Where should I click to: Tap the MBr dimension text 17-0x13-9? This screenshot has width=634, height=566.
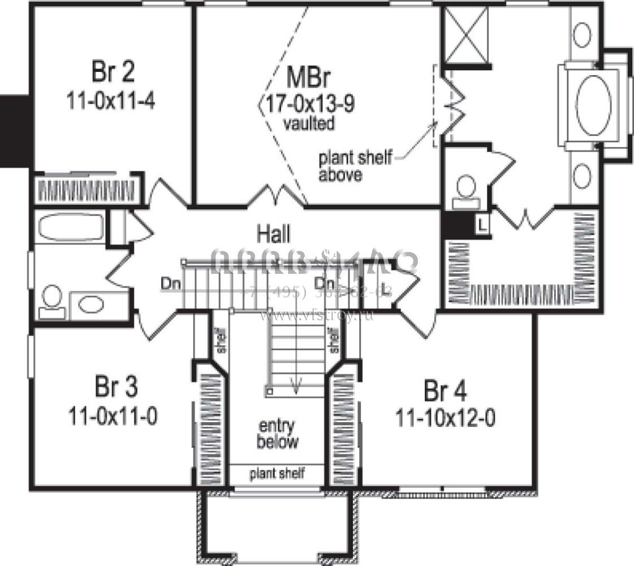point(307,104)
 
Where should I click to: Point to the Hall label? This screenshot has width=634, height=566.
point(274,231)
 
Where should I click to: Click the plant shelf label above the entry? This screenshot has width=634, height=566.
point(277,473)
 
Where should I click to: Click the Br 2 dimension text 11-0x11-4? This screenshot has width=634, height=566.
point(111,102)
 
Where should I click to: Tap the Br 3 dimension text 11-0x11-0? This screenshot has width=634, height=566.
point(113,417)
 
